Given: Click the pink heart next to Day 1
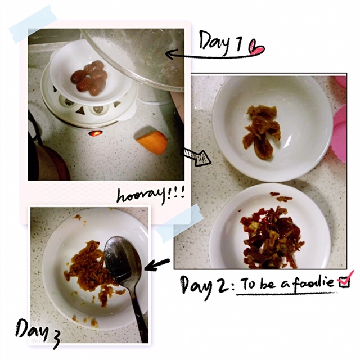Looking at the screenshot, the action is coord(258,48).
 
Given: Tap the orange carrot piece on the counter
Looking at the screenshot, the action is coord(152,142).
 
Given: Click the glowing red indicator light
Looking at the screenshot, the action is coord(96,133).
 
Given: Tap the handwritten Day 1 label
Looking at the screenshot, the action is coord(221,43).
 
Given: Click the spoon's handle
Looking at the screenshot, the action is coord(139,310).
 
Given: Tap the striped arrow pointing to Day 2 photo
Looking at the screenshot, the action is coord(196,157).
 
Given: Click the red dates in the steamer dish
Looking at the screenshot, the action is coord(89,78).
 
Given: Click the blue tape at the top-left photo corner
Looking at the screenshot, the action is coord(33,24).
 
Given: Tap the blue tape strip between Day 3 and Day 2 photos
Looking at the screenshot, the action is coord(180,223).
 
